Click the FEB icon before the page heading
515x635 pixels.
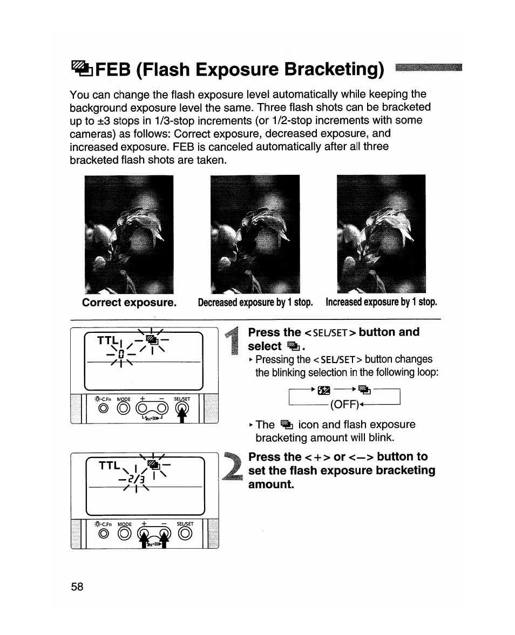[x=79, y=69]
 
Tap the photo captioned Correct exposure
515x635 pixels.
[x=130, y=234]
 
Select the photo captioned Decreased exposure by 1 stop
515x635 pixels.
[x=255, y=234]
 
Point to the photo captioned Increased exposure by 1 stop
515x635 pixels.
[x=381, y=234]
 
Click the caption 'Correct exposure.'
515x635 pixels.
[x=129, y=302]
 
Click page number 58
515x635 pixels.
[x=77, y=587]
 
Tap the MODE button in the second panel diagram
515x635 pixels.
[x=124, y=535]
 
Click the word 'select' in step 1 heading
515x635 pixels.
[x=265, y=346]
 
